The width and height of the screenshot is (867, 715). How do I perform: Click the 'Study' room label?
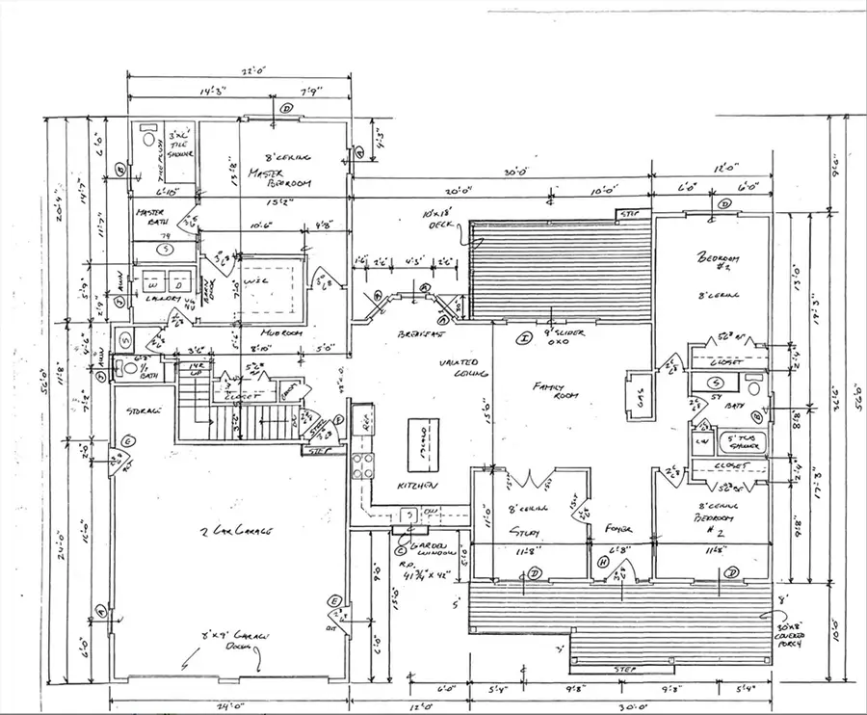pyautogui.click(x=525, y=533)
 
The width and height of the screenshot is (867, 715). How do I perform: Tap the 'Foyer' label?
pyautogui.click(x=618, y=530)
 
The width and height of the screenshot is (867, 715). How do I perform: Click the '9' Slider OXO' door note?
pyautogui.click(x=552, y=335)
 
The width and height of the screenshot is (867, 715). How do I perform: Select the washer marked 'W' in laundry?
pyautogui.click(x=154, y=281)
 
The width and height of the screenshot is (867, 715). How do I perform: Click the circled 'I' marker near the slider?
pyautogui.click(x=524, y=338)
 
